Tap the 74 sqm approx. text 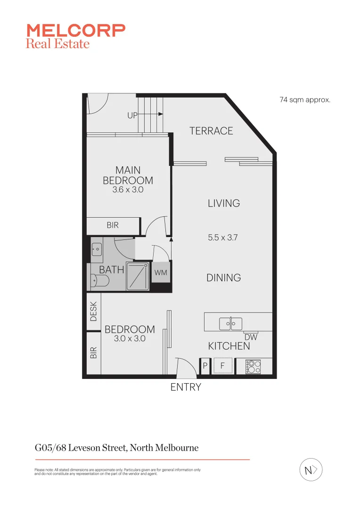pyautogui.click(x=305, y=100)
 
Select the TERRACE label pyautogui.click(x=211, y=131)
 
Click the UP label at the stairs pyautogui.click(x=132, y=115)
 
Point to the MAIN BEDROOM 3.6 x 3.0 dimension pyautogui.click(x=128, y=190)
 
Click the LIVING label pyautogui.click(x=224, y=203)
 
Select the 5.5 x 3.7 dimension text pyautogui.click(x=223, y=238)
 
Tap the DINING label pyautogui.click(x=223, y=278)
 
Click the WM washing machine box pyautogui.click(x=161, y=273)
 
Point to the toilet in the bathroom pyautogui.click(x=99, y=281)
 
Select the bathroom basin pyautogui.click(x=97, y=248)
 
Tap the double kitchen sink pyautogui.click(x=230, y=324)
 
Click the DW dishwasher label pyautogui.click(x=251, y=337)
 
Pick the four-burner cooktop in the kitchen pyautogui.click(x=254, y=367)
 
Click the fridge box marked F pyautogui.click(x=223, y=366)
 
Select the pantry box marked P pyautogui.click(x=205, y=366)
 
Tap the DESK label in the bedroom pyautogui.click(x=93, y=312)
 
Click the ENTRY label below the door pyautogui.click(x=186, y=387)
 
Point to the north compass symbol pyautogui.click(x=311, y=470)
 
